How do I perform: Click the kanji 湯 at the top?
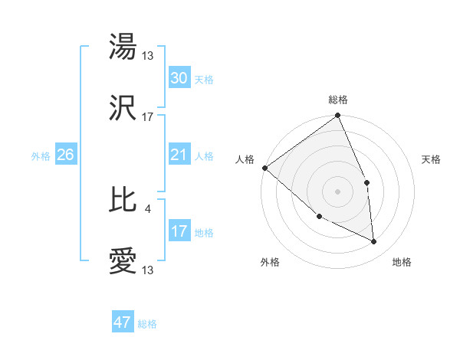click(x=123, y=47)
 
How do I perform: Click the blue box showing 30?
click(x=179, y=79)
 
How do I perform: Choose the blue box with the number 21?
click(x=179, y=155)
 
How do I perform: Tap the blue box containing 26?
click(x=65, y=155)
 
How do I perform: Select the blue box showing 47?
click(x=123, y=322)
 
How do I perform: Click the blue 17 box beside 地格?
click(x=179, y=231)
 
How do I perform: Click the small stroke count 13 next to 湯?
click(x=149, y=55)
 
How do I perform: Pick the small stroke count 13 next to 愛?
click(x=149, y=270)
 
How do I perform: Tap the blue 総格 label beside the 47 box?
click(x=147, y=324)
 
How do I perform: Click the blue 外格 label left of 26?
click(x=41, y=156)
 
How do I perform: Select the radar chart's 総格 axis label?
click(x=337, y=100)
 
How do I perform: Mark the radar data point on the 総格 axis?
click(x=337, y=116)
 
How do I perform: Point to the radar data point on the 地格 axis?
click(x=374, y=241)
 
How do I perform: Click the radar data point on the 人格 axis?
click(x=264, y=168)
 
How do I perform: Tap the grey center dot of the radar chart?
click(x=337, y=191)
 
